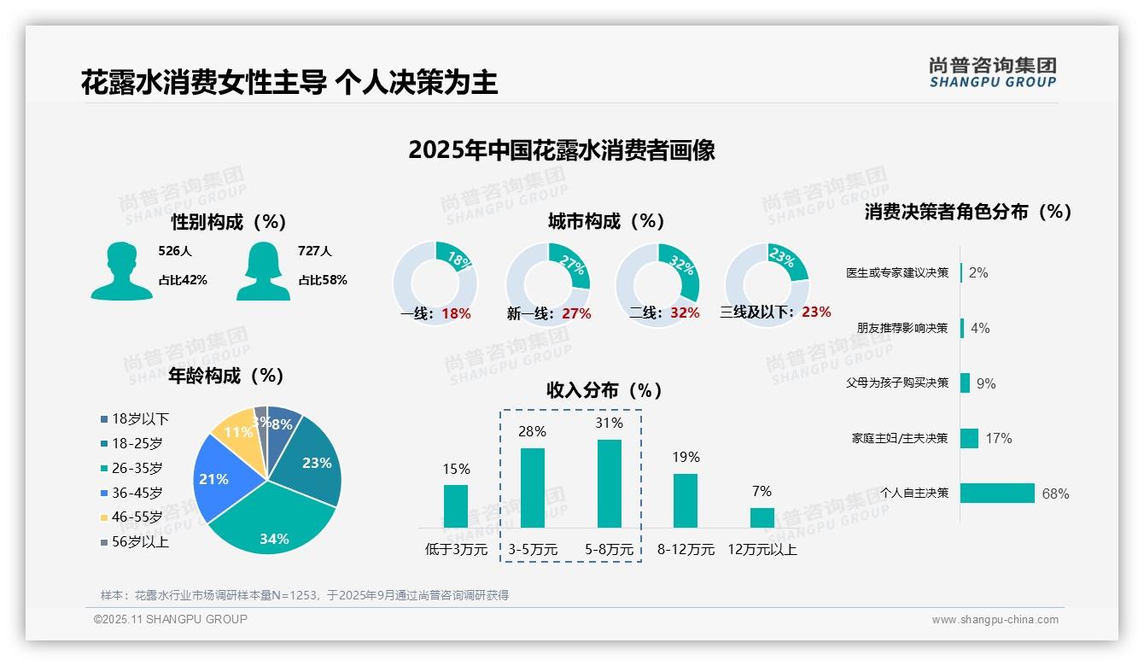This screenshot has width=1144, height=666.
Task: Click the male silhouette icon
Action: (x=121, y=271)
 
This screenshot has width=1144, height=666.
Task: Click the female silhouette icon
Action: (x=263, y=271)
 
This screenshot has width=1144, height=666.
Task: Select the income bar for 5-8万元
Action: (x=610, y=484)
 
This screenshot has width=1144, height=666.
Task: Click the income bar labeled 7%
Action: (x=762, y=517)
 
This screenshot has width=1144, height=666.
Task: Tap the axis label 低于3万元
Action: (x=456, y=550)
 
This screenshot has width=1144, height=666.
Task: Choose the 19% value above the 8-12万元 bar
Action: (x=686, y=457)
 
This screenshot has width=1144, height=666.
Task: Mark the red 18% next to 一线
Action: (x=456, y=313)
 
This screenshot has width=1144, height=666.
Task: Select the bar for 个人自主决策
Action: (x=997, y=493)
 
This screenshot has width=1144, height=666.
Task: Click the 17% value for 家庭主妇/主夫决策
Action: (x=998, y=438)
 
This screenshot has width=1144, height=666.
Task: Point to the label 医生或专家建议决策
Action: (x=897, y=272)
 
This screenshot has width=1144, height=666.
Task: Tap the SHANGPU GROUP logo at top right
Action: (x=993, y=72)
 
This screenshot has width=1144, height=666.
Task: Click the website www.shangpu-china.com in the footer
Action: (x=995, y=619)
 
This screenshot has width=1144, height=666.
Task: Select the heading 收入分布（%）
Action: (x=604, y=390)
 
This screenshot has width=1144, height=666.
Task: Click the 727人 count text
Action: (x=315, y=251)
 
